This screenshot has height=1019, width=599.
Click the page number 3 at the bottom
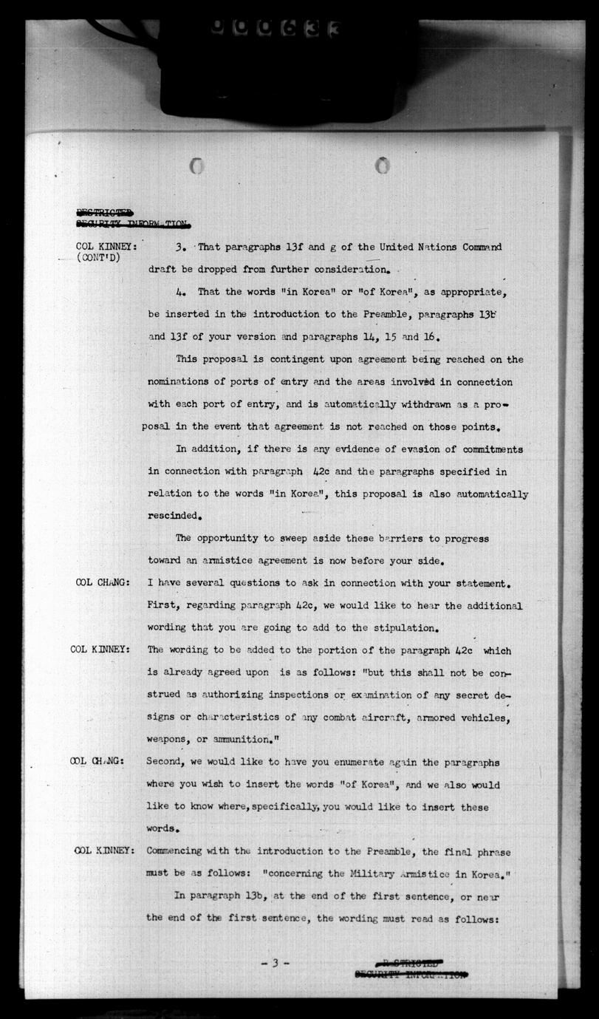(275, 963)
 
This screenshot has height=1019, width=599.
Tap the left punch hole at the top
(196, 166)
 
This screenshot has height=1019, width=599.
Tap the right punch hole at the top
(382, 166)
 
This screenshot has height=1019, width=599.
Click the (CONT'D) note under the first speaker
(98, 257)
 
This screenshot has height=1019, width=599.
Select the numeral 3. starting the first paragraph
(179, 247)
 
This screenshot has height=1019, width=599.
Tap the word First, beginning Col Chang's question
(163, 606)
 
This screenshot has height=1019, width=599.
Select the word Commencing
(179, 852)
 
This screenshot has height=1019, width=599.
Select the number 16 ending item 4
(432, 337)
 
